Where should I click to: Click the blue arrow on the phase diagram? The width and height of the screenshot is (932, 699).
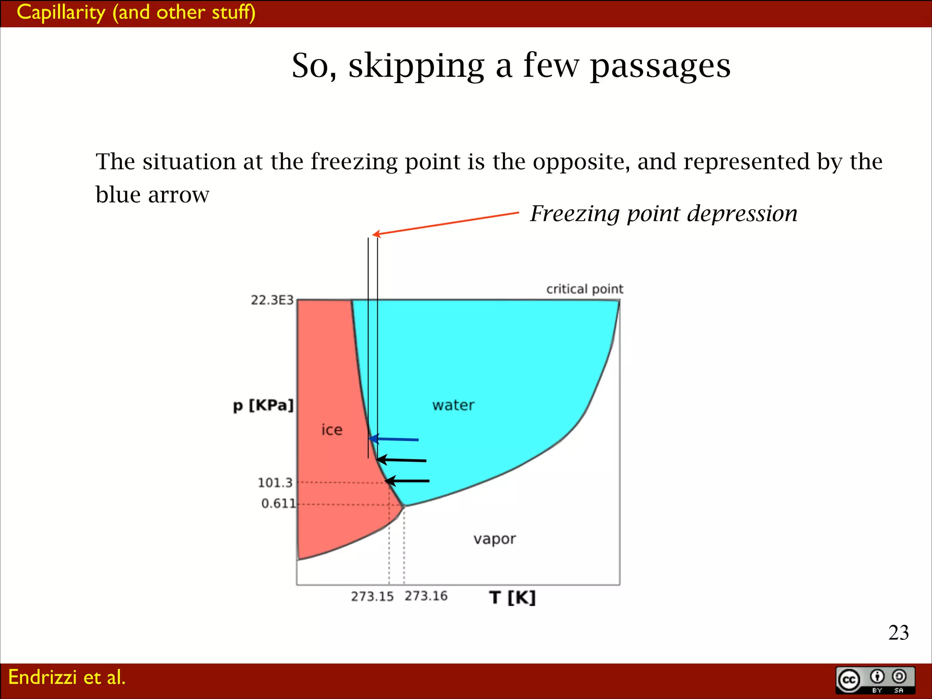click(394, 439)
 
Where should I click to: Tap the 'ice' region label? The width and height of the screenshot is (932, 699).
click(332, 430)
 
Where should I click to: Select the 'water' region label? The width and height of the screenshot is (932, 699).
click(453, 405)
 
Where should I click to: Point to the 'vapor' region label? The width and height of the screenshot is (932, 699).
click(495, 539)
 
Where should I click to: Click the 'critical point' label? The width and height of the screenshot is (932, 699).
click(584, 289)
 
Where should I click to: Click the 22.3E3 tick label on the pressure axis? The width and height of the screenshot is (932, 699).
click(272, 300)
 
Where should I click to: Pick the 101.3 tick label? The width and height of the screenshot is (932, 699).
click(275, 482)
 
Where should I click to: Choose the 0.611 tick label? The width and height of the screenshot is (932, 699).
click(278, 503)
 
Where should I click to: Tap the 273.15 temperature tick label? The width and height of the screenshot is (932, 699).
click(372, 596)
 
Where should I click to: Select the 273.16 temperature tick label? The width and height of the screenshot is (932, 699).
click(426, 596)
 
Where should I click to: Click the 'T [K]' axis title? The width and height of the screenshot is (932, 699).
click(512, 597)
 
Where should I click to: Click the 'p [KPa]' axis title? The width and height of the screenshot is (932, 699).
click(263, 405)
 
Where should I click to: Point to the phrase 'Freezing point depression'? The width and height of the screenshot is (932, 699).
click(664, 213)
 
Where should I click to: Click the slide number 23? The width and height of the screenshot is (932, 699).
click(898, 633)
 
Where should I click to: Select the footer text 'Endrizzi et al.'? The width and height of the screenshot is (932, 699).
click(67, 677)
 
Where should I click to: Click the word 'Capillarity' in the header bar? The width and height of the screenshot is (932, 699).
click(61, 12)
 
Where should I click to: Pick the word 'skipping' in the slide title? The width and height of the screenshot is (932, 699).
click(416, 66)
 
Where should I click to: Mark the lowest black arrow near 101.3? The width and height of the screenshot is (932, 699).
click(407, 481)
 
